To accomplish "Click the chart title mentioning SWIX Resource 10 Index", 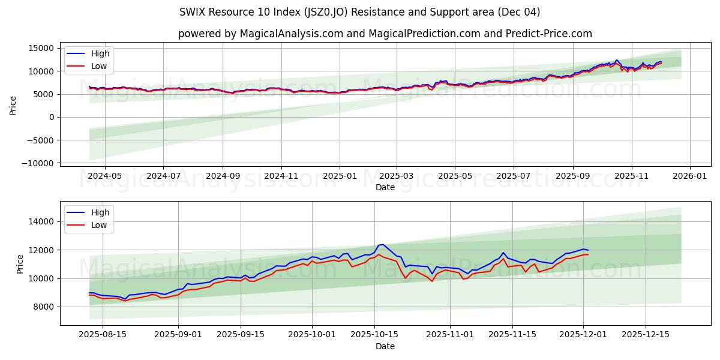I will (359, 12).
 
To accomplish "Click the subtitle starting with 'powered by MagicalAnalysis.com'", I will (385, 34).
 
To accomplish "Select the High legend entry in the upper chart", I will (100, 53).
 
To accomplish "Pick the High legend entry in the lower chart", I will (100, 212).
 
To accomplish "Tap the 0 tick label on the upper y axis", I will (51, 117).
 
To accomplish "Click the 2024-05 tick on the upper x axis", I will (105, 176).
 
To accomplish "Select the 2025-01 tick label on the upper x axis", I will (340, 176).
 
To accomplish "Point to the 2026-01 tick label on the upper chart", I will (689, 176).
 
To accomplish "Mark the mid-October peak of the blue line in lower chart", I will (382, 244).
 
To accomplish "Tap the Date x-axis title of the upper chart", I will (385, 187).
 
